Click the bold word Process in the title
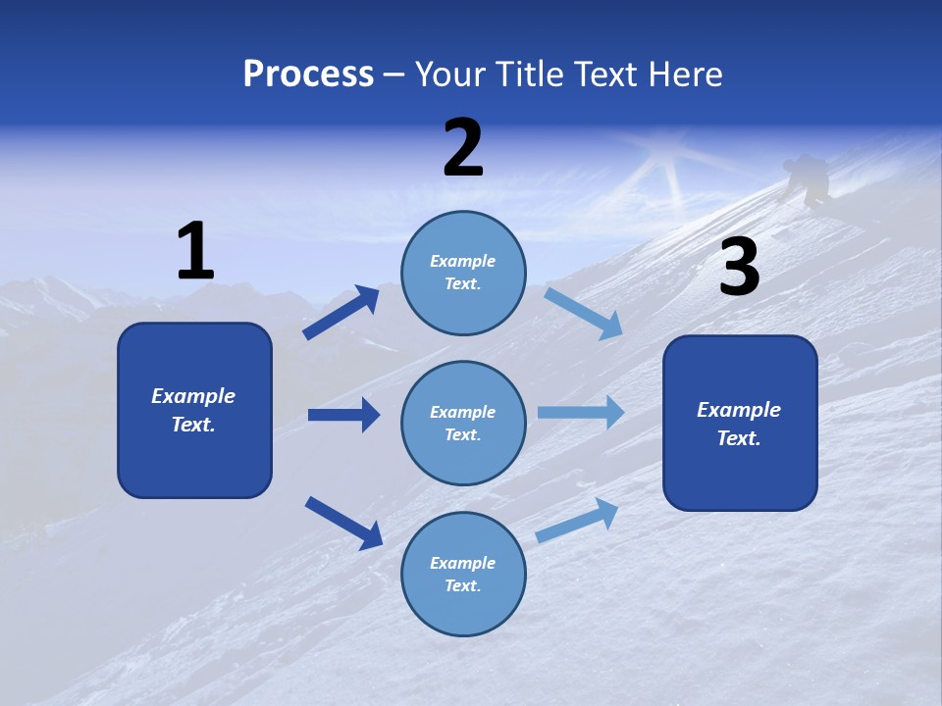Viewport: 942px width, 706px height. tap(308, 75)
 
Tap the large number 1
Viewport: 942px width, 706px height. tap(195, 251)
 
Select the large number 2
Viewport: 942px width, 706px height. tap(463, 148)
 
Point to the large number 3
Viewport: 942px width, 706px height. tap(739, 268)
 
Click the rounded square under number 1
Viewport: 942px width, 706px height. tap(194, 410)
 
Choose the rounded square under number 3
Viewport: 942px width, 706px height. tap(740, 423)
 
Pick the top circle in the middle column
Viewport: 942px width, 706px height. tap(463, 273)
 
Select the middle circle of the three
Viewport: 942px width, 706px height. tap(463, 423)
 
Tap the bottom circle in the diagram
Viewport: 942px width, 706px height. tap(463, 574)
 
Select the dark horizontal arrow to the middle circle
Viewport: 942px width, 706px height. tap(343, 415)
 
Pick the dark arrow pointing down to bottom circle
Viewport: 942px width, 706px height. tap(343, 522)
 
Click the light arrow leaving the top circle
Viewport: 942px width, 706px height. tap(584, 313)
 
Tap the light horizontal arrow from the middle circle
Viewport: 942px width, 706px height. tap(581, 412)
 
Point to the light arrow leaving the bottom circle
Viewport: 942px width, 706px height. tap(578, 520)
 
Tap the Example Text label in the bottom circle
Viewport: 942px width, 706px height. tap(463, 574)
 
